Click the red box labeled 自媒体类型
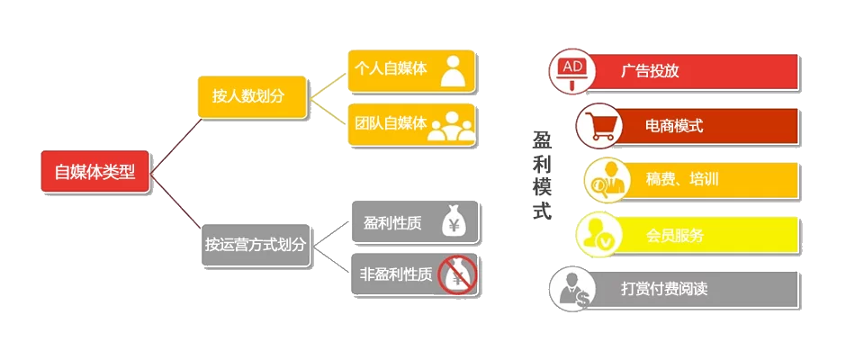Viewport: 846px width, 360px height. tap(94, 171)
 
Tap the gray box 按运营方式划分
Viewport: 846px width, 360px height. tap(256, 244)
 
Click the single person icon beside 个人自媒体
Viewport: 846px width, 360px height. tap(453, 71)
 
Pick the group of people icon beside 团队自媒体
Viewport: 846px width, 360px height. tap(451, 126)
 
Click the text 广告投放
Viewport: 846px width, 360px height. tap(650, 71)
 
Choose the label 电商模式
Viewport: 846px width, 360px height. tap(674, 126)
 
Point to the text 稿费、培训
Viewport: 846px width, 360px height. tap(681, 179)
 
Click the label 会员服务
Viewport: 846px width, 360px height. tap(675, 236)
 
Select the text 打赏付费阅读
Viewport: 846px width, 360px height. tap(664, 290)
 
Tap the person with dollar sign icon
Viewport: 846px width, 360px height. tap(573, 290)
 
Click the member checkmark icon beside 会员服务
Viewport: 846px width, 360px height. tap(599, 235)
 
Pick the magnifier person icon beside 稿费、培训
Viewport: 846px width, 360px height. tap(606, 180)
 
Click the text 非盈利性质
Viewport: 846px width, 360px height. tap(395, 274)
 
